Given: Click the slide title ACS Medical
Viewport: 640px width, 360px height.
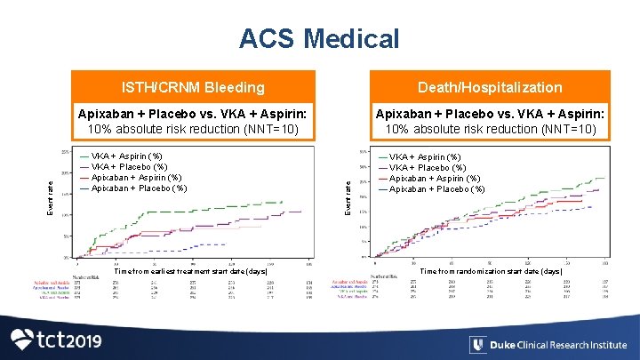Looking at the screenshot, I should [319, 39].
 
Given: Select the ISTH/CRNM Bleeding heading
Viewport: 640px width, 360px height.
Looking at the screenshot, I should [193, 87].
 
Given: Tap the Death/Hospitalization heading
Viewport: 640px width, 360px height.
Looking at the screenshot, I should [491, 87].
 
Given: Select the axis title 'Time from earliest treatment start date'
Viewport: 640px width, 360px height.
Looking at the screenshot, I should [190, 271].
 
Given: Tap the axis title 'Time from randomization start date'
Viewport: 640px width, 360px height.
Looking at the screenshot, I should [491, 271].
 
